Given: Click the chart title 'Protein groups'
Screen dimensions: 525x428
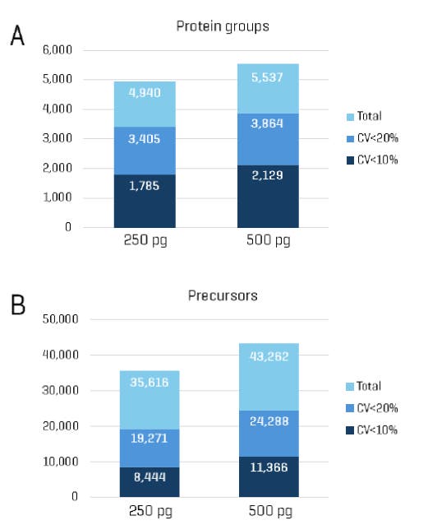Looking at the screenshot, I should click(x=223, y=26).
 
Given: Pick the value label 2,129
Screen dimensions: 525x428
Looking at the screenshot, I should click(x=269, y=181).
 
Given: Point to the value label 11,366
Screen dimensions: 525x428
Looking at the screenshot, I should click(x=268, y=467).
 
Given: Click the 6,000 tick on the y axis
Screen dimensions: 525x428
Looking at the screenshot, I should click(x=57, y=50).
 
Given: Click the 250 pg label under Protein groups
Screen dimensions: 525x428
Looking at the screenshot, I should click(x=145, y=243).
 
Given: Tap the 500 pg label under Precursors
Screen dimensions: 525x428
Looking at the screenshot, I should click(x=269, y=513).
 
